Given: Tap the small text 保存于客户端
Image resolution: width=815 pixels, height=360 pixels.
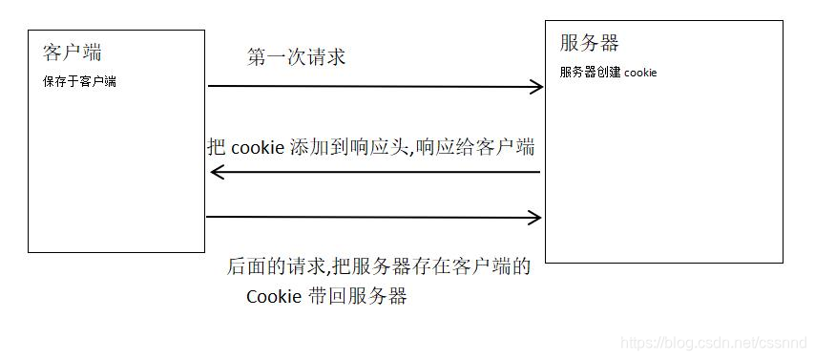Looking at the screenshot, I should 79,82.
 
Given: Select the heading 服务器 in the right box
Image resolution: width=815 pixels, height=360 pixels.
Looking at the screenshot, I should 589,43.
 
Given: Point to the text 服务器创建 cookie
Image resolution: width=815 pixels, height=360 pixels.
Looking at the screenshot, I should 608,73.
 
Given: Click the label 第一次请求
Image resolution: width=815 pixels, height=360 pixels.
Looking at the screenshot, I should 296,57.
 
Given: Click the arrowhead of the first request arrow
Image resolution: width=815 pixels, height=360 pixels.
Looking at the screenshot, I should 536,87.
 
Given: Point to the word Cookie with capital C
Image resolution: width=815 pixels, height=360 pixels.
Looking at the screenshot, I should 275,297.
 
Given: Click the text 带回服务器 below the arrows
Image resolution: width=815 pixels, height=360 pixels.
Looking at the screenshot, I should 359,297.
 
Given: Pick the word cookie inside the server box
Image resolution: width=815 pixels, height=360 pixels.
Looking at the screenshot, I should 640,73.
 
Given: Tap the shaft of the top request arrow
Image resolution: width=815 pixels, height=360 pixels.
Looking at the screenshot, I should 372,87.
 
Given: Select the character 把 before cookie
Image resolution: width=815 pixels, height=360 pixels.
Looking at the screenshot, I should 218,148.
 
